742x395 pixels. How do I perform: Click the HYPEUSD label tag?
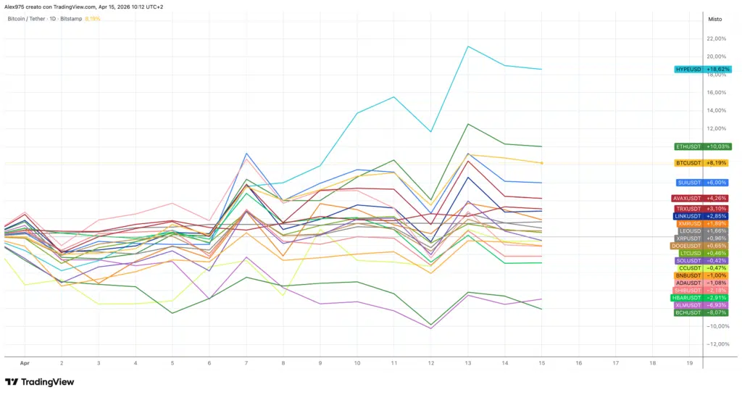(x=702, y=70)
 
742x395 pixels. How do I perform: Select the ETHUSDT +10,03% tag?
(x=702, y=146)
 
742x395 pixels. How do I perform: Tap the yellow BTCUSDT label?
(x=702, y=163)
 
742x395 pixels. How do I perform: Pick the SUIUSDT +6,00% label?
(x=702, y=183)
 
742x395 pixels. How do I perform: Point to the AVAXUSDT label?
(x=702, y=198)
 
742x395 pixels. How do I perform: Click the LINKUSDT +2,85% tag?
(x=702, y=216)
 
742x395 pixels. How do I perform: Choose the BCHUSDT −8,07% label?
(x=701, y=313)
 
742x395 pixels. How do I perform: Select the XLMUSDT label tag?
(x=701, y=305)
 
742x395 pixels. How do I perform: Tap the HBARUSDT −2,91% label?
(x=701, y=298)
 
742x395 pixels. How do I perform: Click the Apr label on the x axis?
(x=25, y=362)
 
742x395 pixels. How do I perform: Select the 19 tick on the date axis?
(x=689, y=362)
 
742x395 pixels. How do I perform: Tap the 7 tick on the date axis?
(x=246, y=362)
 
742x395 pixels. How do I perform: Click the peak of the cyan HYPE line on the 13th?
(x=468, y=46)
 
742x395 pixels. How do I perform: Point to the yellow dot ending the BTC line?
(x=542, y=163)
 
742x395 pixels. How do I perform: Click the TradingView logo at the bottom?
(x=40, y=382)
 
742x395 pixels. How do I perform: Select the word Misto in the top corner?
(x=715, y=20)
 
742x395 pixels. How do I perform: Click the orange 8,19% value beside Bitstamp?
(x=93, y=19)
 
